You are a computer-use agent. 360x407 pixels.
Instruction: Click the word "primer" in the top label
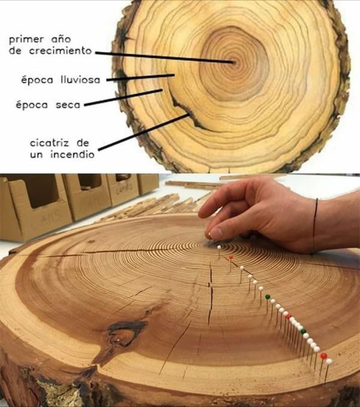click(x=26, y=40)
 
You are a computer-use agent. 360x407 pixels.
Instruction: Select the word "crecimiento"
click(x=60, y=50)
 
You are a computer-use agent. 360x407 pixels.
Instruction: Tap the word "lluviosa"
click(x=81, y=79)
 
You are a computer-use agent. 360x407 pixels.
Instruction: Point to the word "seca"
click(x=68, y=105)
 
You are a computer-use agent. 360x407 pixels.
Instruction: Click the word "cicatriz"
click(x=49, y=143)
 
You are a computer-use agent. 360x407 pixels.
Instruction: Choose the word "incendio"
click(x=72, y=155)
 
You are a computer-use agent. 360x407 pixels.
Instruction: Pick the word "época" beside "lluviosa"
click(x=36, y=80)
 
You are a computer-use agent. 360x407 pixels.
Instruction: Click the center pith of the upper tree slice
click(x=233, y=62)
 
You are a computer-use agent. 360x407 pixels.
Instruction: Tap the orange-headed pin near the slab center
click(x=230, y=257)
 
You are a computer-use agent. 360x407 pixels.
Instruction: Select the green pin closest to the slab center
click(x=267, y=296)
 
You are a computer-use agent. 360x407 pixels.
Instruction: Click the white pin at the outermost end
click(x=329, y=362)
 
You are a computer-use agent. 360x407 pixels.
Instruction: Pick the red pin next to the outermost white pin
click(x=324, y=356)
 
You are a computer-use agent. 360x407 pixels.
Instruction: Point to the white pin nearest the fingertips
click(x=219, y=247)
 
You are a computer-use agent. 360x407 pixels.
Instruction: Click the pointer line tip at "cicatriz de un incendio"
click(x=189, y=114)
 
